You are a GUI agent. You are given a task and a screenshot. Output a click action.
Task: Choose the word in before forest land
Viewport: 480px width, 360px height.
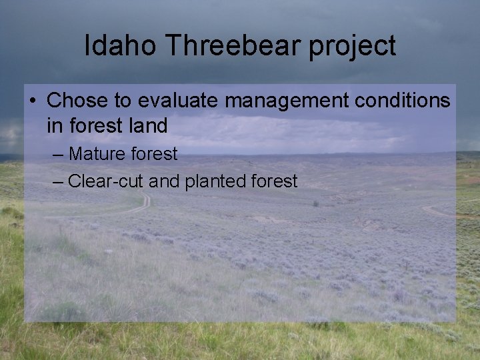point(54,125)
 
